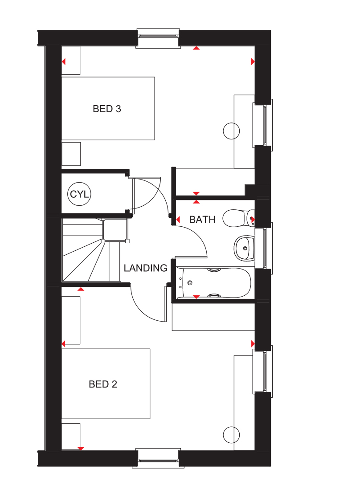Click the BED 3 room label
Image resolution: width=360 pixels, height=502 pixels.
click(x=106, y=109)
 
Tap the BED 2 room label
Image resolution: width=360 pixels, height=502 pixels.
click(x=103, y=384)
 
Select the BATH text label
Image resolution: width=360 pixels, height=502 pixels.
click(x=202, y=220)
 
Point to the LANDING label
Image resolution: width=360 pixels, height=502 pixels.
click(x=145, y=268)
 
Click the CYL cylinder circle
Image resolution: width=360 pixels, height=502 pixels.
click(x=79, y=194)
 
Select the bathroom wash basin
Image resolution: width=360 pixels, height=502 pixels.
click(x=244, y=248)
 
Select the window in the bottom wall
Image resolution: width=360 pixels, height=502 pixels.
click(x=158, y=458)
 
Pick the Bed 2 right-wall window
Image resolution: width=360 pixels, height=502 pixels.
click(x=263, y=371)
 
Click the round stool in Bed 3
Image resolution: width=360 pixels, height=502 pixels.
click(x=231, y=131)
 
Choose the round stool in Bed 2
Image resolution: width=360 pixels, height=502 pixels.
click(x=231, y=435)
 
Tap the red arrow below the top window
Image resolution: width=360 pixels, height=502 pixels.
click(x=196, y=48)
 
